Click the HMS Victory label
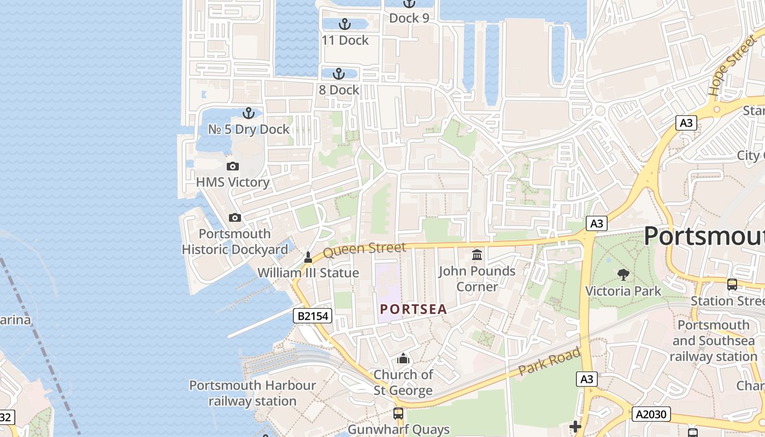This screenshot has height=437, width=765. (233, 182)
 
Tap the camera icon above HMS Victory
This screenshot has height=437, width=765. (233, 166)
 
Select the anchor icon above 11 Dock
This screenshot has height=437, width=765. (344, 24)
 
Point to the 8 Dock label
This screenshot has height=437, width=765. (339, 90)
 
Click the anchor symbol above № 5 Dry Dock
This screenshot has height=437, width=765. (249, 113)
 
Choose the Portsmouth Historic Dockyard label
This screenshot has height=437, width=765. (234, 242)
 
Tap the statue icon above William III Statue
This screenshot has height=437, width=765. (308, 257)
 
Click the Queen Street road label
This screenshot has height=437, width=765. (364, 250)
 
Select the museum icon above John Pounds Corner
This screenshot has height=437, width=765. (477, 255)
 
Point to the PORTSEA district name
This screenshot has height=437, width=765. (414, 310)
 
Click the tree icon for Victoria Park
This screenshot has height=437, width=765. (623, 275)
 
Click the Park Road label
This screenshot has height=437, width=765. (549, 362)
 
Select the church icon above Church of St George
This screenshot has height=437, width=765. (403, 359)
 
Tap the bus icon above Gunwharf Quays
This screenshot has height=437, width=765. (398, 414)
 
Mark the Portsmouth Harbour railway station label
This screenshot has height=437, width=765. (252, 393)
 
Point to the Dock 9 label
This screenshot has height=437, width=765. (409, 18)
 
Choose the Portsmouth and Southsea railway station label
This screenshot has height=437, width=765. (713, 341)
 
